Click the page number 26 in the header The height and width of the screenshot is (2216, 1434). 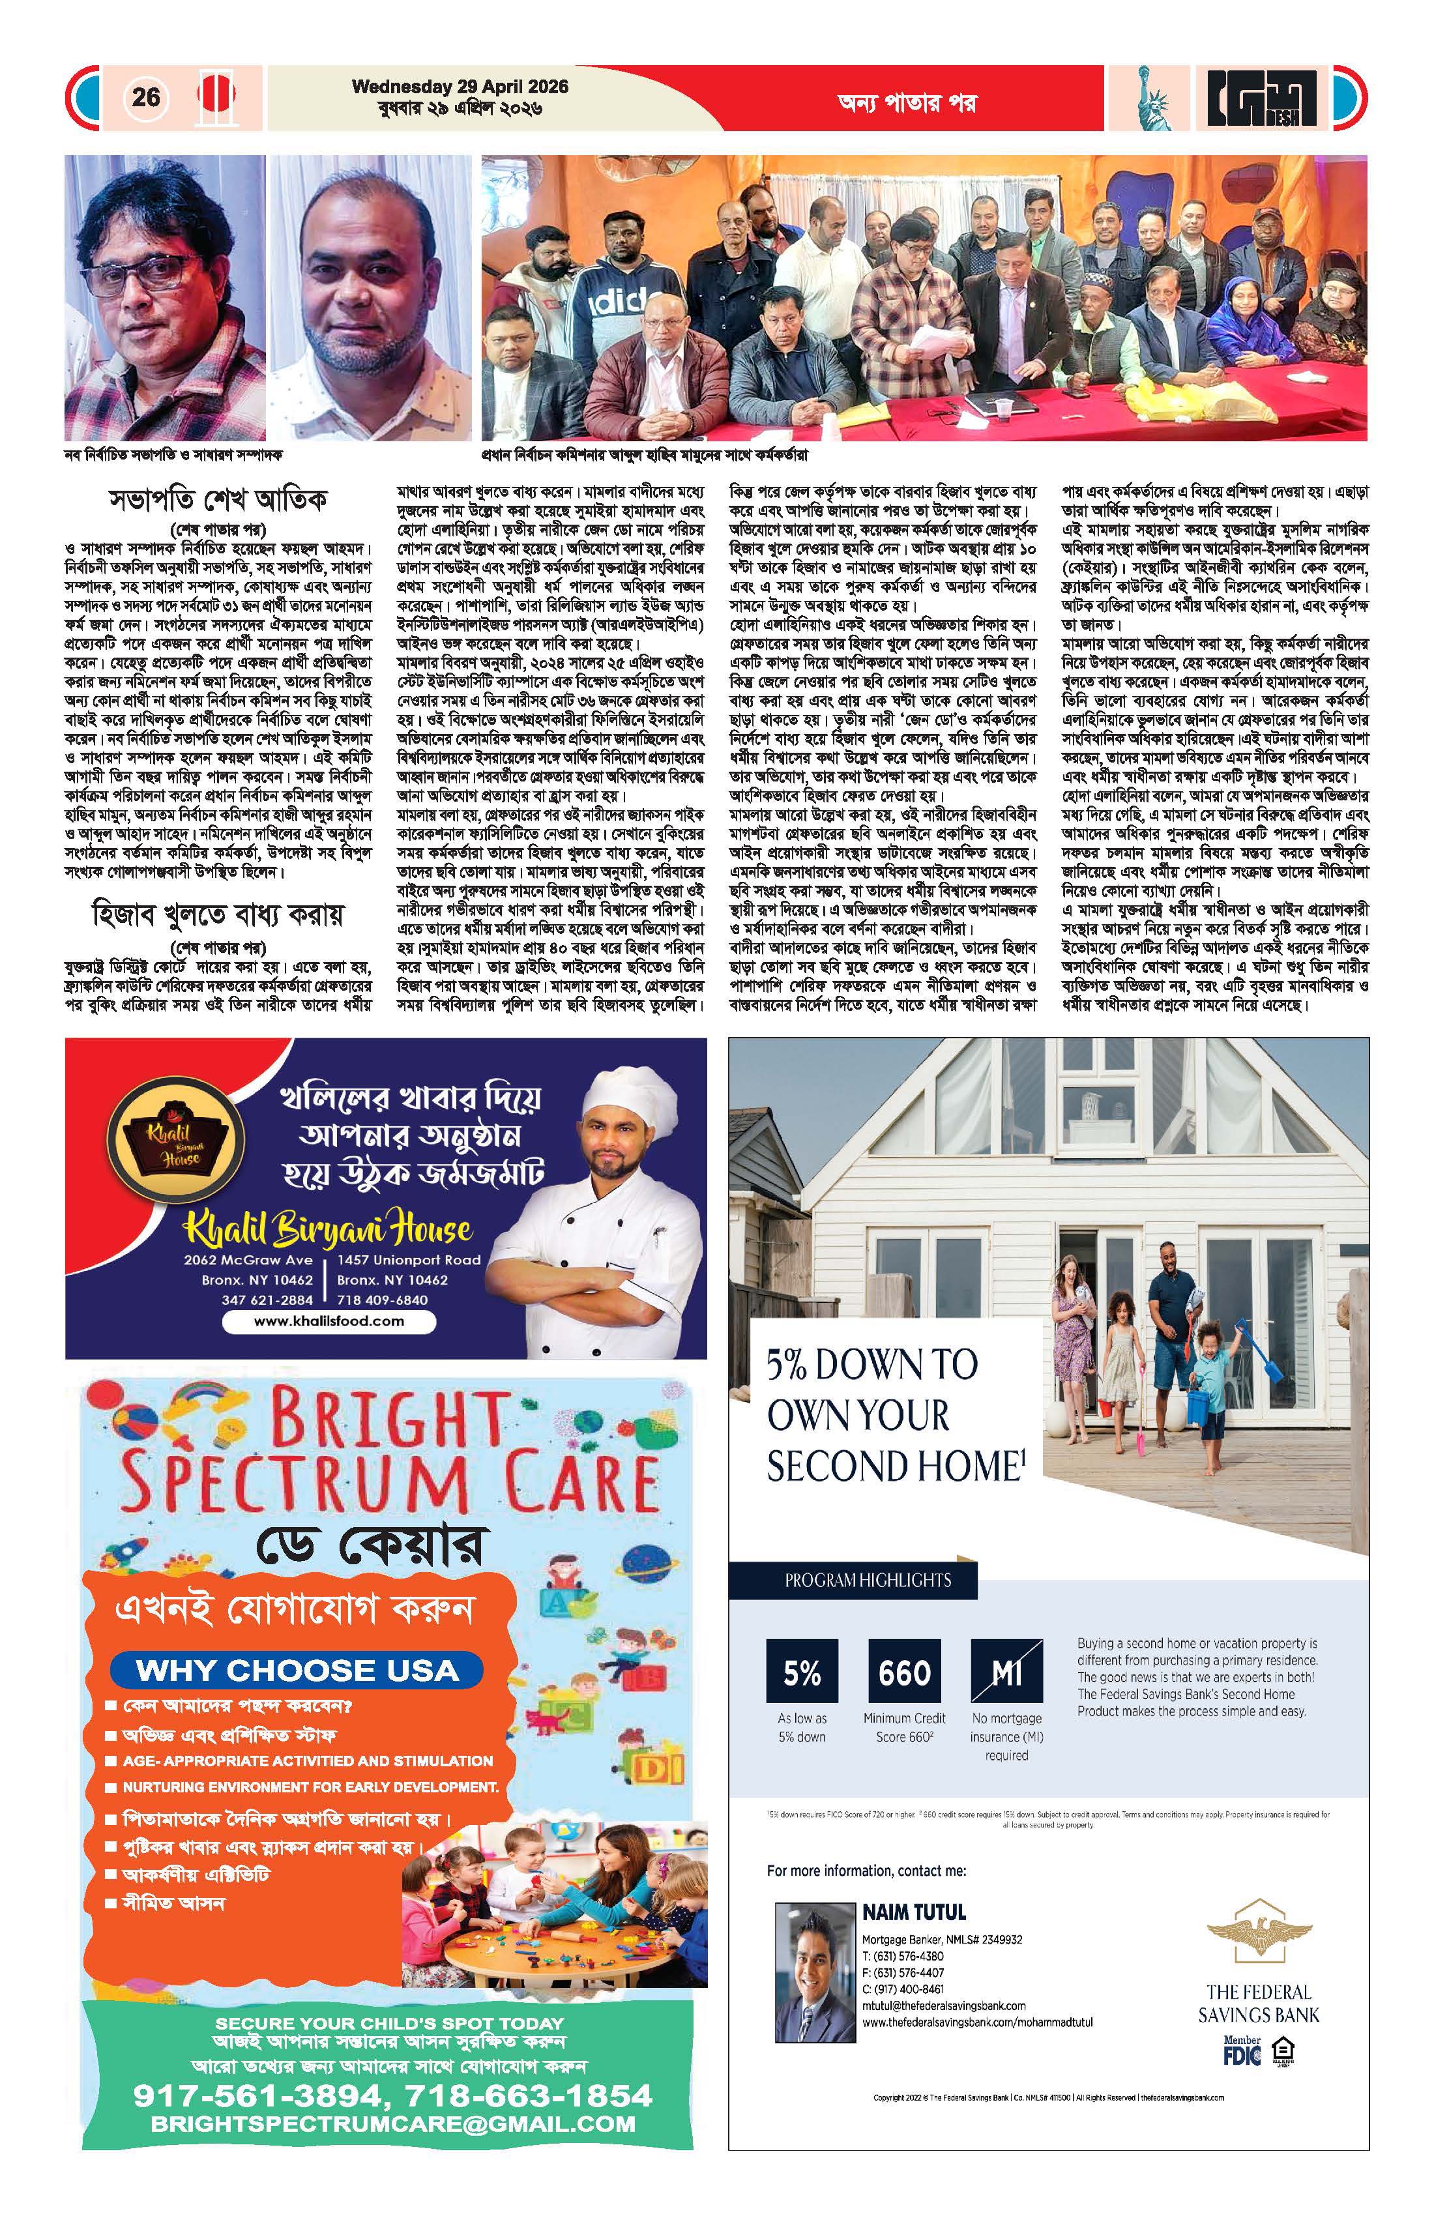(145, 97)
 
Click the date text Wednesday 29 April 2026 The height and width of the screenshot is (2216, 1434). (460, 87)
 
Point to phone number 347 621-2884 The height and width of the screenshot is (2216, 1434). (267, 1300)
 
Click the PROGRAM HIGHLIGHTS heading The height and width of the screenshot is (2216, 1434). (867, 1580)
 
